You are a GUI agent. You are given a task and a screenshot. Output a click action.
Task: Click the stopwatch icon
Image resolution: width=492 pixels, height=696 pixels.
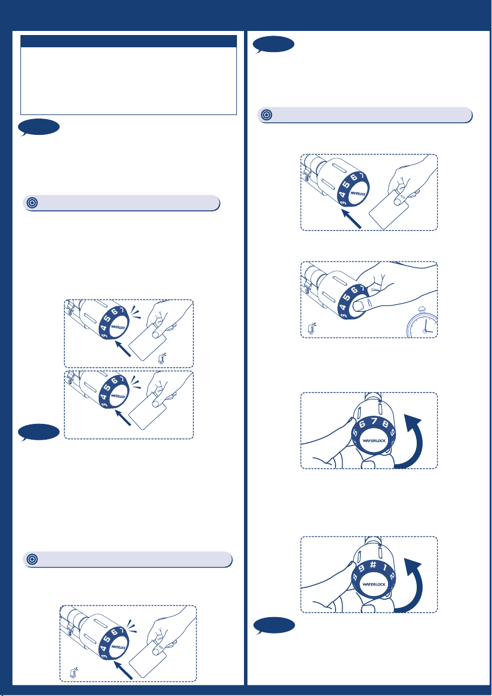422,325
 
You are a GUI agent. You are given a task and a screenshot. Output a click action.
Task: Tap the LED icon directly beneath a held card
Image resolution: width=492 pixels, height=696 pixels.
162,358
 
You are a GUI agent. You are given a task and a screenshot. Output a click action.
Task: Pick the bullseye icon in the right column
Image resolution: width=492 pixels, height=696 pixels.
266,115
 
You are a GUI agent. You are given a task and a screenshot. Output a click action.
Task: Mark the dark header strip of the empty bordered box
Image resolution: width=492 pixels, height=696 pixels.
128,41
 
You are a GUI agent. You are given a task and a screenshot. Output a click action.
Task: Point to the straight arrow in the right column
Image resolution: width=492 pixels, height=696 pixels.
353,220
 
